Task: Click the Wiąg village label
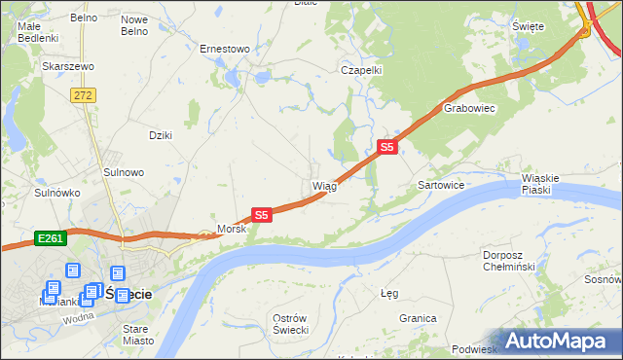coord(324,186)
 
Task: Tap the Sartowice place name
coord(440,184)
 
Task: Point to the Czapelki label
coord(360,70)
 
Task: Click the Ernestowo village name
coord(225,48)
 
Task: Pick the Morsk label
coord(232,229)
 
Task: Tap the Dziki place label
coord(160,135)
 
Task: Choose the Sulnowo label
coord(124,172)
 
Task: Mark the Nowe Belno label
coord(134,25)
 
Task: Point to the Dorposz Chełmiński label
coord(509,261)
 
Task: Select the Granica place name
coord(417,318)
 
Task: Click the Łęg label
coord(389,292)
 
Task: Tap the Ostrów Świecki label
coord(291,325)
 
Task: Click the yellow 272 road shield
coord(82,94)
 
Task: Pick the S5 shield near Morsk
coord(261,214)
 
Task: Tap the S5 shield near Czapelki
coord(387,147)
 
